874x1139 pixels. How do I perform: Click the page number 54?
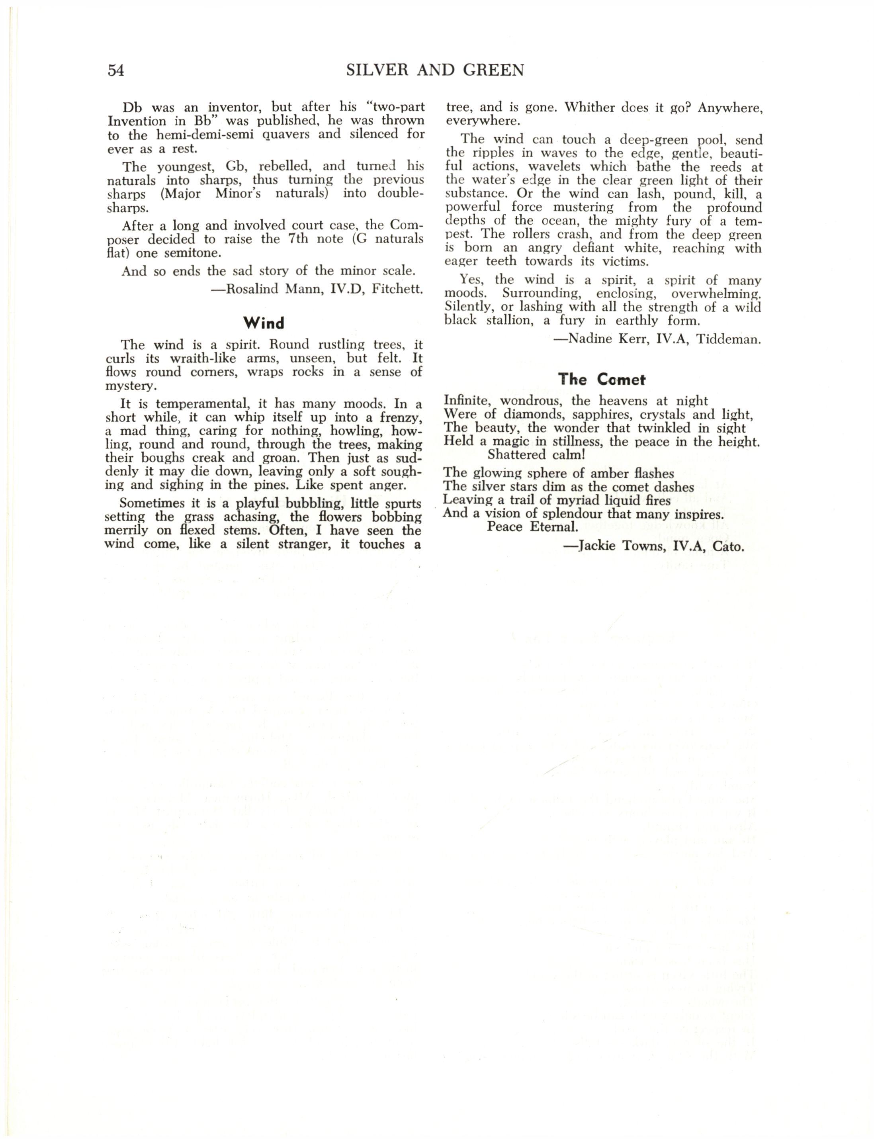tap(116, 70)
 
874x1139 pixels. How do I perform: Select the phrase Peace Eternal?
tap(532, 526)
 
